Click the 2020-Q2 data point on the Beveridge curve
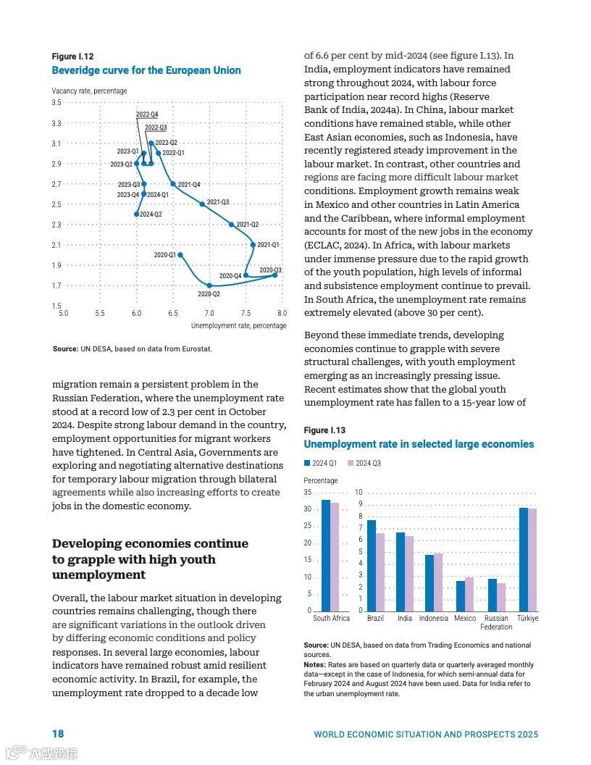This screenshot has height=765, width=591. [209, 285]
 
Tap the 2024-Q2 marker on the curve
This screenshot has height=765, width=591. [136, 214]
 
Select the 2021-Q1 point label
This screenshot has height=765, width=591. [268, 245]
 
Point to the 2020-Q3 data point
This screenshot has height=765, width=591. [275, 275]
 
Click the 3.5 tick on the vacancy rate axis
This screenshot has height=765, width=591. [56, 103]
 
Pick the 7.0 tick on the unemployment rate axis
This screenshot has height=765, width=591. [209, 314]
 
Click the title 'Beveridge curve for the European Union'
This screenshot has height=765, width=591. [146, 70]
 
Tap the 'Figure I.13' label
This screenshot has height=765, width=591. [325, 430]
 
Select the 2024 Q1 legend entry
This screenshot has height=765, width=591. [320, 463]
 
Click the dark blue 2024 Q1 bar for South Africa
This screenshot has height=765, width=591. [326, 555]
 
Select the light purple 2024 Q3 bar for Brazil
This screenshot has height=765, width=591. [380, 572]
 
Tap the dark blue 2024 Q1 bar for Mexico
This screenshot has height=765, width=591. [461, 595]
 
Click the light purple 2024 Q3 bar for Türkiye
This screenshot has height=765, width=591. [532, 559]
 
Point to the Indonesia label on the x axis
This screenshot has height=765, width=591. [433, 619]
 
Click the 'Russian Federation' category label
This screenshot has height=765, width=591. [496, 622]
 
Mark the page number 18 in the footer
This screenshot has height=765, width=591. [58, 734]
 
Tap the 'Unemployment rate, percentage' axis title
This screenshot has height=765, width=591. [238, 326]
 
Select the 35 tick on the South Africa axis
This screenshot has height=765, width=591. [308, 493]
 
